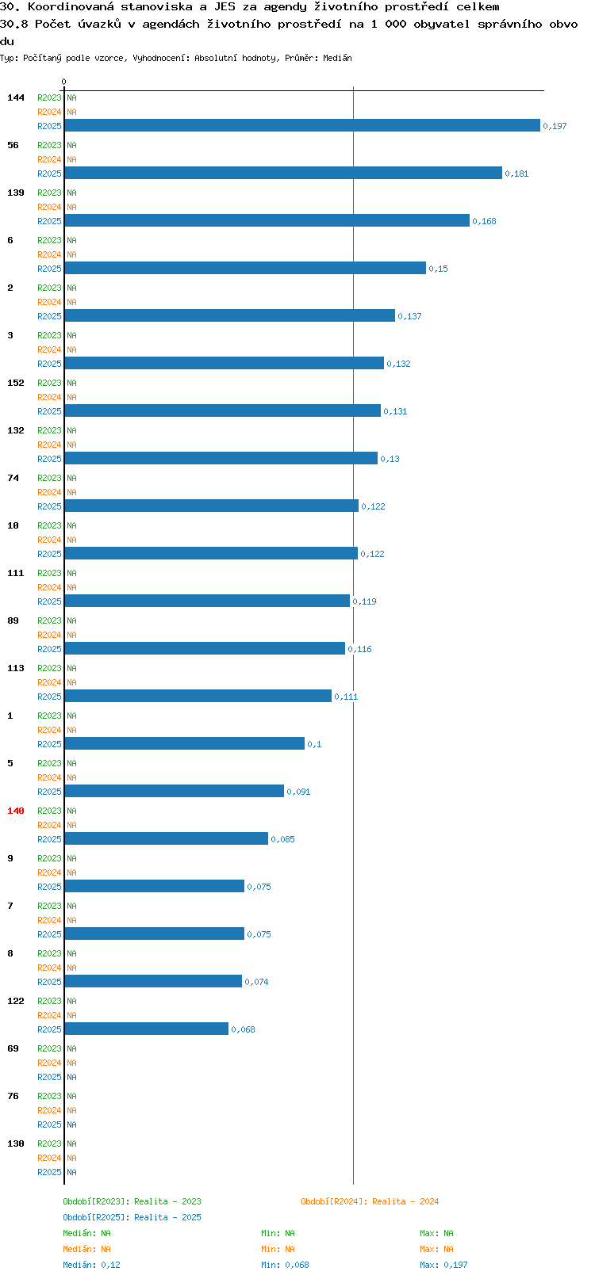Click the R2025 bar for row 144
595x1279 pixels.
[x=302, y=125]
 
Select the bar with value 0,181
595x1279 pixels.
[x=283, y=173]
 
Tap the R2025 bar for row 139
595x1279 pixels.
[x=267, y=220]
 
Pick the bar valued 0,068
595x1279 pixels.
[x=146, y=1029]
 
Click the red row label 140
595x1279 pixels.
[x=15, y=811]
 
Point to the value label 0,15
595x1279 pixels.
[x=439, y=269]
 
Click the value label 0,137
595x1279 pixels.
[x=410, y=316]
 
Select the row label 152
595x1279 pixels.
[x=15, y=383]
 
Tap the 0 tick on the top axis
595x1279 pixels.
[x=63, y=82]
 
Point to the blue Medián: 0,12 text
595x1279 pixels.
[x=91, y=1265]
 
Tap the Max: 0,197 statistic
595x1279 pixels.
[x=443, y=1265]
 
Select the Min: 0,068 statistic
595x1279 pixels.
[x=286, y=1265]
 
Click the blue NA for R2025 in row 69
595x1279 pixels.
[x=71, y=1077]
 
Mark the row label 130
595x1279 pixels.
[x=15, y=1143]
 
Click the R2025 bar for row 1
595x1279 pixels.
[x=185, y=743]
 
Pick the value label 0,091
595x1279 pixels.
[x=298, y=792]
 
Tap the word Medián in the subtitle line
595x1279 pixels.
[x=337, y=58]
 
